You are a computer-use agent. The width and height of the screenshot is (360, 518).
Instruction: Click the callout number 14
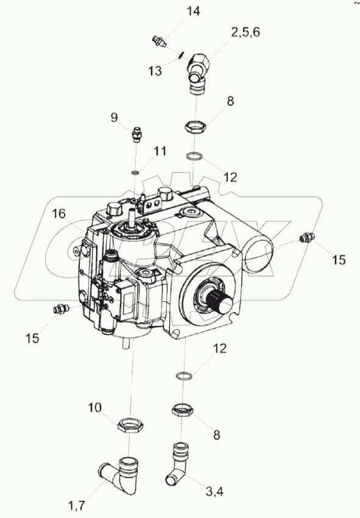click(193, 11)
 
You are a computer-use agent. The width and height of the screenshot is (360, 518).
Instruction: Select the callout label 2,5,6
click(245, 32)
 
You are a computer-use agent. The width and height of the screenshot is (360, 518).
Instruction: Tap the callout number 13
click(155, 71)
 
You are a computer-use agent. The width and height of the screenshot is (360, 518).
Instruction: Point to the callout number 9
click(115, 117)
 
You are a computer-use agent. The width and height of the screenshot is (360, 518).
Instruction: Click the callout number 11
click(160, 151)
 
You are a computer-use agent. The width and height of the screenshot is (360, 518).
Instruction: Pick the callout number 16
click(58, 214)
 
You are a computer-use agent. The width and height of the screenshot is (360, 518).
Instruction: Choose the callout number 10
click(94, 408)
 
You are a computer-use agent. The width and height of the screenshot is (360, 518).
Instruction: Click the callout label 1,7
click(76, 505)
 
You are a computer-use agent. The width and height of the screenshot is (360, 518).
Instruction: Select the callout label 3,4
click(214, 492)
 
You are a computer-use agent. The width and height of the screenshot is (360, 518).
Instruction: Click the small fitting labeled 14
click(159, 42)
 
